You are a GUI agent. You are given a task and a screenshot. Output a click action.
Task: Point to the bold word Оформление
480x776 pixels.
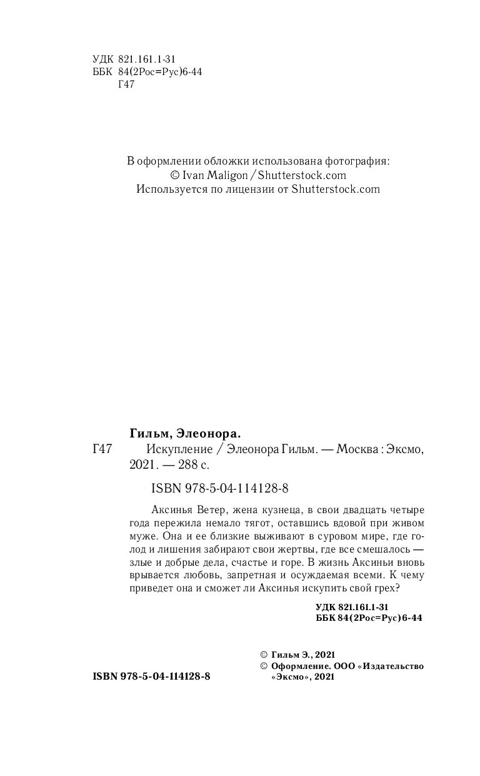(x=299, y=666)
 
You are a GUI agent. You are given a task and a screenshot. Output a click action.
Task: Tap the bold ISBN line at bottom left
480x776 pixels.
(x=151, y=676)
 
